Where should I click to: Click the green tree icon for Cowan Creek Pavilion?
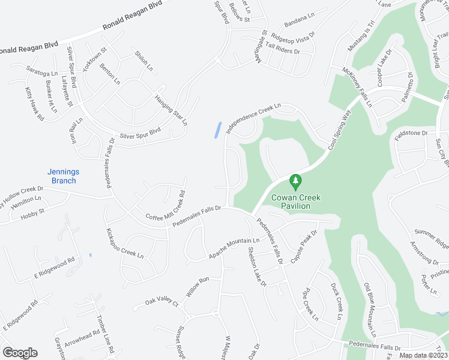[295, 181]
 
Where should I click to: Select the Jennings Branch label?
[64, 176]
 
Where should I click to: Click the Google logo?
[20, 353]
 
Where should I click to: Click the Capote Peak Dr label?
[304, 247]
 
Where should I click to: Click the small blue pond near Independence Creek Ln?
[218, 130]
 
